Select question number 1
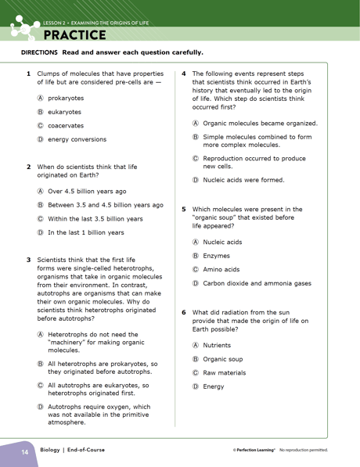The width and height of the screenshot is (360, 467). [28, 74]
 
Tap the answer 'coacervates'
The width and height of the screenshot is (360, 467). [66, 125]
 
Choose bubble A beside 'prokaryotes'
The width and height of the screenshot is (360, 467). [40, 99]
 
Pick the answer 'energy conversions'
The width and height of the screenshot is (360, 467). [77, 139]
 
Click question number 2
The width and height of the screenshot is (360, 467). [28, 167]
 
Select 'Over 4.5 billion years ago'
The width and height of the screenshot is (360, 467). [87, 191]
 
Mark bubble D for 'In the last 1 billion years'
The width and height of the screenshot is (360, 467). [40, 232]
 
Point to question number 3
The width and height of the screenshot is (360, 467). [28, 260]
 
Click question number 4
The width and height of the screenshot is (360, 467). [184, 74]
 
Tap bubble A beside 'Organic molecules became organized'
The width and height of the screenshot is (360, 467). [196, 124]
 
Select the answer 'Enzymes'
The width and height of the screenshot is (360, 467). [216, 255]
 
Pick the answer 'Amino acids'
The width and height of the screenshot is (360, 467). [221, 269]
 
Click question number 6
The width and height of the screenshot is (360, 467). [184, 311]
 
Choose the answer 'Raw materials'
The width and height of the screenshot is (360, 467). [225, 372]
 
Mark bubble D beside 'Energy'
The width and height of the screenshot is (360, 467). [196, 386]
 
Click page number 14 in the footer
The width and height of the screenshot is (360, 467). [24, 451]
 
